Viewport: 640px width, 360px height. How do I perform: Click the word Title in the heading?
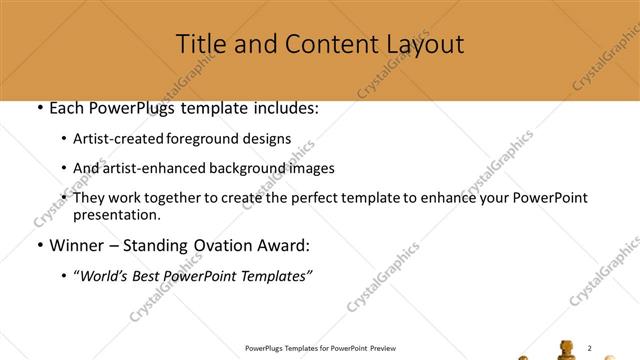click(x=200, y=44)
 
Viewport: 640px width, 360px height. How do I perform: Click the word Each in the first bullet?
click(x=67, y=108)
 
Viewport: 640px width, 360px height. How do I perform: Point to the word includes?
click(x=282, y=108)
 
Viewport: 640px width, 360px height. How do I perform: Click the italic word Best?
click(x=146, y=277)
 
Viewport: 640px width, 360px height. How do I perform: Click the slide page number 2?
click(x=590, y=347)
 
